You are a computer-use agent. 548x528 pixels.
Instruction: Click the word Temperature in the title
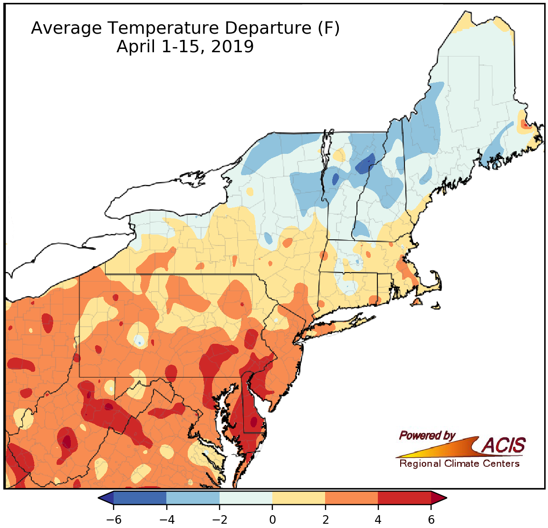(162, 28)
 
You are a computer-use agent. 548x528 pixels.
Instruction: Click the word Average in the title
(66, 28)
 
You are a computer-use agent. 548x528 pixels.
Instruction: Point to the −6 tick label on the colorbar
(114, 519)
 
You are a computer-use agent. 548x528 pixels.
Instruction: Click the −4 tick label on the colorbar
(166, 519)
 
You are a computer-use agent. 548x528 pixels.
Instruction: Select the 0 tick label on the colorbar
(272, 519)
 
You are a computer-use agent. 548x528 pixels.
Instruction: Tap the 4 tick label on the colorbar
(378, 519)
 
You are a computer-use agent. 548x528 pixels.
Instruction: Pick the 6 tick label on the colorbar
(431, 519)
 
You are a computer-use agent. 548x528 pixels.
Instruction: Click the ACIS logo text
(504, 445)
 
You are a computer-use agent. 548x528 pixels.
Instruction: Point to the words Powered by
(427, 435)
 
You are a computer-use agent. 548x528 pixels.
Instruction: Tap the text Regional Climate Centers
(459, 463)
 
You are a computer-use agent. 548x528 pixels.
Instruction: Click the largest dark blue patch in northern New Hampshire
(365, 165)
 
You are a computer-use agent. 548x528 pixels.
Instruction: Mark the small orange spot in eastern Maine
(525, 124)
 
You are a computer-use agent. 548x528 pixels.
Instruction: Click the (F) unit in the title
(328, 28)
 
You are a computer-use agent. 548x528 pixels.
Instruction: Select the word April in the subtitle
(135, 47)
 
